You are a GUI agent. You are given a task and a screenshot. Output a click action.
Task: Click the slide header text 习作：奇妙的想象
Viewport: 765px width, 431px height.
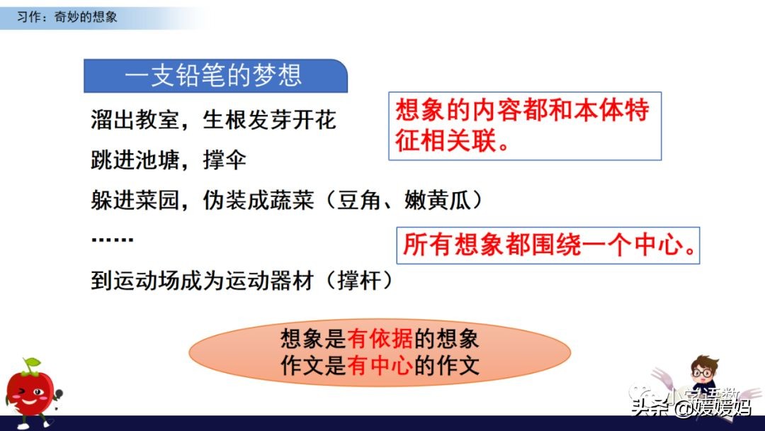tap(67, 16)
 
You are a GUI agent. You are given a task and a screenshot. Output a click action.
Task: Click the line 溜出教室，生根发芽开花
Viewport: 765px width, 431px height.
tap(213, 120)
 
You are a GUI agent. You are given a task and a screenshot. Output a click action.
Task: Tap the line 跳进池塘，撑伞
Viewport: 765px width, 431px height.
tap(169, 160)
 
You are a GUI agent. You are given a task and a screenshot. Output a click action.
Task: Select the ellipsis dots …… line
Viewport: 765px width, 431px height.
tap(112, 240)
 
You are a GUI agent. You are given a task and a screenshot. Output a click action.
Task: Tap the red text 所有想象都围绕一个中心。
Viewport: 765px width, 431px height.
tap(548, 245)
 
